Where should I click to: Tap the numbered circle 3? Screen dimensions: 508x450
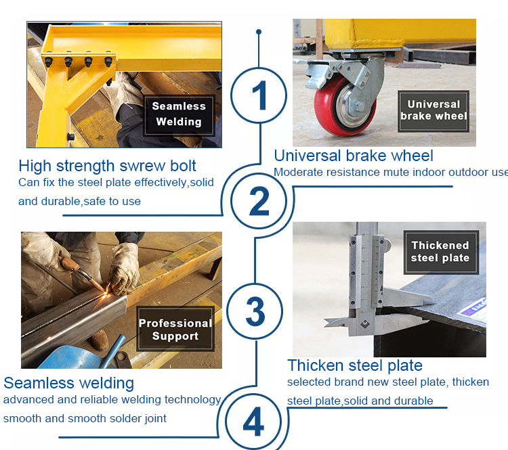pyautogui.click(x=227, y=311)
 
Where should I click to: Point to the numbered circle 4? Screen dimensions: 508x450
pyautogui.click(x=226, y=422)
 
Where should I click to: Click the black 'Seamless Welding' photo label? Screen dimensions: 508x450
pyautogui.click(x=179, y=115)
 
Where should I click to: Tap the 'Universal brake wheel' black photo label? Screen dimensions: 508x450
pyautogui.click(x=433, y=111)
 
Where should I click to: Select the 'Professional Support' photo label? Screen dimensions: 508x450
pyautogui.click(x=175, y=329)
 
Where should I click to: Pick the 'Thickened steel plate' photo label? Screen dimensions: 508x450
pyautogui.click(x=441, y=252)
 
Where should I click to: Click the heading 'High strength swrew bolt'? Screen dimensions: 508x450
pyautogui.click(x=107, y=166)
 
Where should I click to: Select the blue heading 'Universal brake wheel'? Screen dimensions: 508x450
pyautogui.click(x=354, y=156)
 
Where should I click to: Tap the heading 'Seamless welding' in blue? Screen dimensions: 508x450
pyautogui.click(x=68, y=383)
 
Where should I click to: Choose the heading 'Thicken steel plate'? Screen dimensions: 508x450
pyautogui.click(x=355, y=365)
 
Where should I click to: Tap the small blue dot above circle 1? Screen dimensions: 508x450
pyautogui.click(x=259, y=32)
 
